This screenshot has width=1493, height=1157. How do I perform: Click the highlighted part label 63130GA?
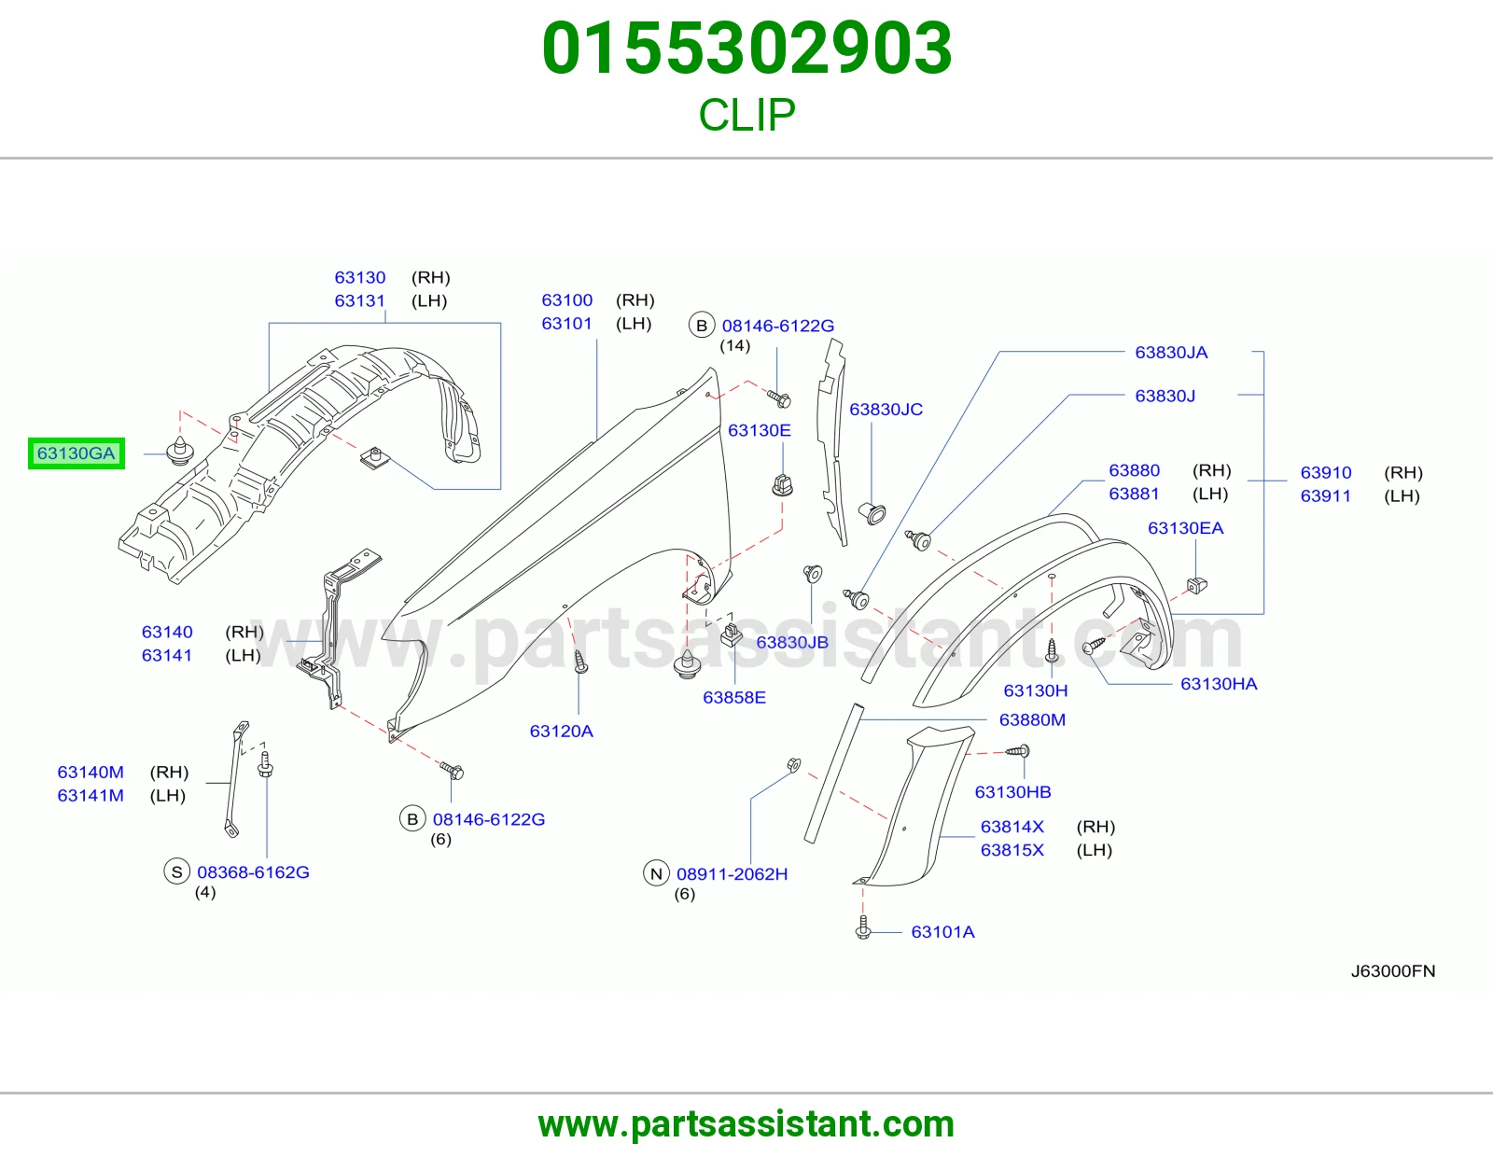[77, 453]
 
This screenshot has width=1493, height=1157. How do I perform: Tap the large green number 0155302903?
[746, 49]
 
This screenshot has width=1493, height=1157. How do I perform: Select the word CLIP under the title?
[746, 115]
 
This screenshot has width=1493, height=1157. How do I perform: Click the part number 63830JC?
[886, 410]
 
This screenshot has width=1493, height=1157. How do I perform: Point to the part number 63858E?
[733, 697]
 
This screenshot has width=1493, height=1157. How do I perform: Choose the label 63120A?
[562, 731]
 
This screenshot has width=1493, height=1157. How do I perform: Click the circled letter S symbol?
[176, 871]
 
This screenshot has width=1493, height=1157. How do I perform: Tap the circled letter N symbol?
[656, 873]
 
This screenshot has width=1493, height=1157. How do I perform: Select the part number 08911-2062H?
[732, 874]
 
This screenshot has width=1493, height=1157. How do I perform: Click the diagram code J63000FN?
[1392, 970]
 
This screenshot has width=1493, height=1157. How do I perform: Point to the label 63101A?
[942, 931]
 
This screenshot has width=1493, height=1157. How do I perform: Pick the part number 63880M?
[1032, 719]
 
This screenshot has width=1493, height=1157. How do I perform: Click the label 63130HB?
[1012, 791]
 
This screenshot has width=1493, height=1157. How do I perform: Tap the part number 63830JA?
[1171, 353]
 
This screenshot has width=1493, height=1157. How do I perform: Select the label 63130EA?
[1185, 528]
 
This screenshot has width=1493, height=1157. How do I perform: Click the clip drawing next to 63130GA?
[180, 451]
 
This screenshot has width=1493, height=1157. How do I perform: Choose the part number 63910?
[1325, 473]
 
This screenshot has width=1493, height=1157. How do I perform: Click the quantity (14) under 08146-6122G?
[734, 345]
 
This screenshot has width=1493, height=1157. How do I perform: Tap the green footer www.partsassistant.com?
[746, 1124]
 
